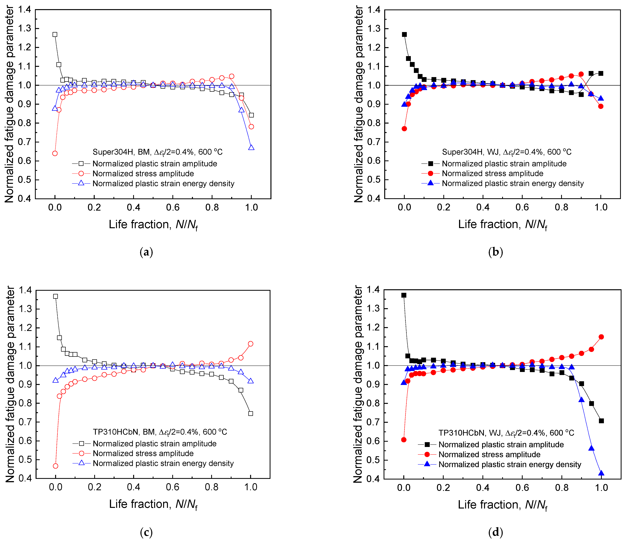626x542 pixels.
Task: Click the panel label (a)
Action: (x=146, y=252)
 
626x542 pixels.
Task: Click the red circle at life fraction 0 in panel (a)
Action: (x=55, y=153)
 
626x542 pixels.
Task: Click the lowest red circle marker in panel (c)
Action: (x=55, y=466)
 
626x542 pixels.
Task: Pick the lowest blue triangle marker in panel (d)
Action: (x=601, y=473)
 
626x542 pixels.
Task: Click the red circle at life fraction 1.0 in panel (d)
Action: (x=601, y=337)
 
